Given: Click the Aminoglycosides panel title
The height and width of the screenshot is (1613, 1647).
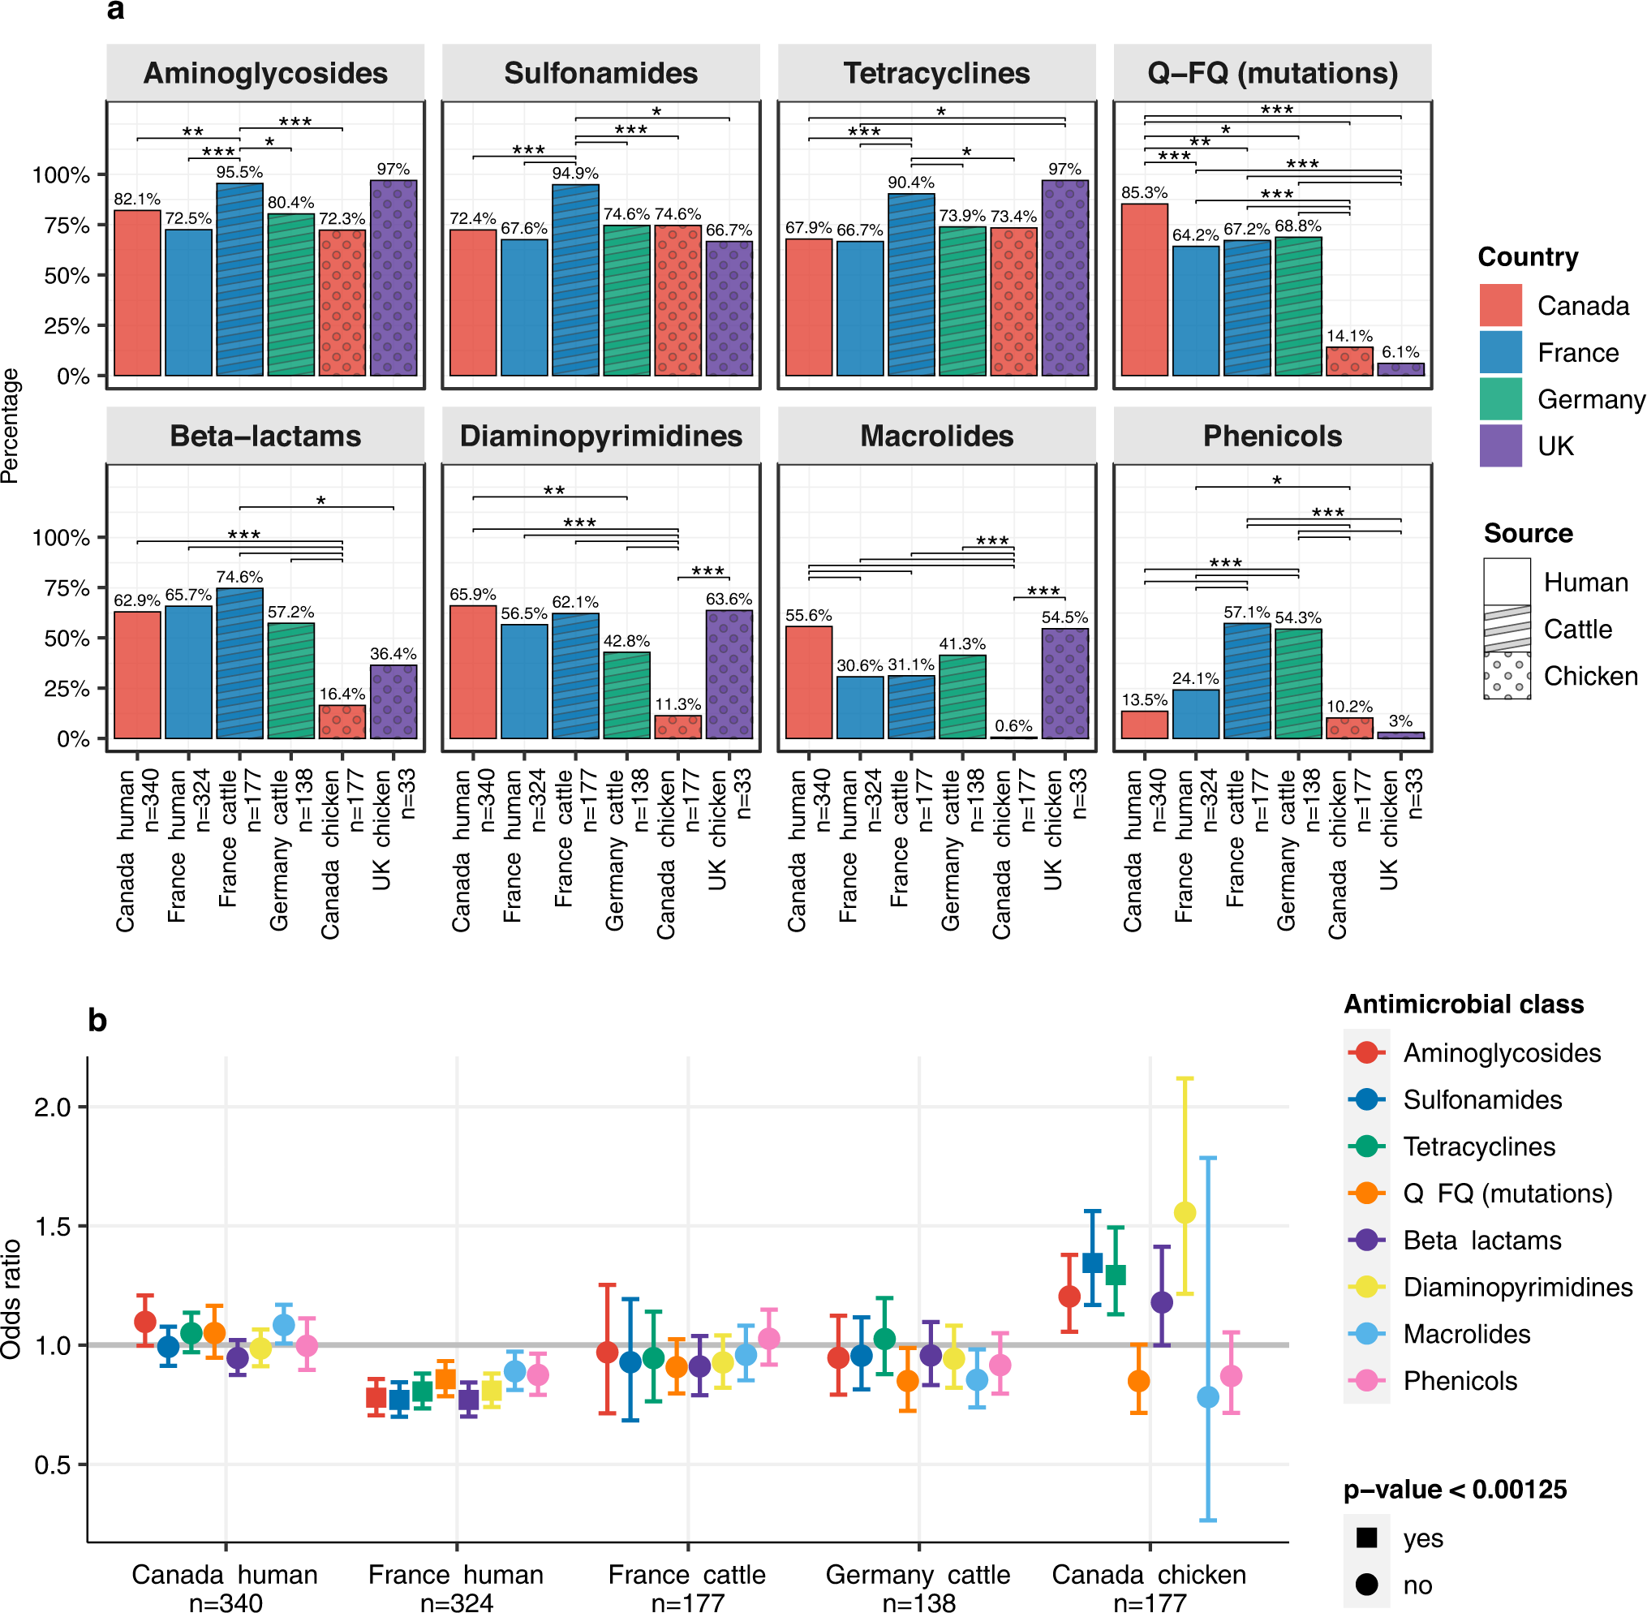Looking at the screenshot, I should (265, 73).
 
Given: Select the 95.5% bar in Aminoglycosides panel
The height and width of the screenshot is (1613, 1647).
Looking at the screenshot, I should (240, 280).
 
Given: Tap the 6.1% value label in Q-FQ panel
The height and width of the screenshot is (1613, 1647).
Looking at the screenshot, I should (1400, 351).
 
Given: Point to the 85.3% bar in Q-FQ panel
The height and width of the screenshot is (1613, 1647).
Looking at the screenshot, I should (1145, 290).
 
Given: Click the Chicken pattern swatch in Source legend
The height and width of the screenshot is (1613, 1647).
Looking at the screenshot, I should (1507, 675).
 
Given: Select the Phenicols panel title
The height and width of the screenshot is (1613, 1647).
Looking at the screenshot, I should (1271, 436).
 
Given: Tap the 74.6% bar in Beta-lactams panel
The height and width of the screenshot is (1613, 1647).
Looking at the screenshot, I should (240, 664).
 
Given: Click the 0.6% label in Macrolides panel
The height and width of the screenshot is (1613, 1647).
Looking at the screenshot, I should (1013, 726).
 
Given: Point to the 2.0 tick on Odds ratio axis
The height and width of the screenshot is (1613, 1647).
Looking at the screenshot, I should (52, 1108).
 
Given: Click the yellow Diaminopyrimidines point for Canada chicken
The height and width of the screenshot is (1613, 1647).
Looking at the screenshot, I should (1185, 1213).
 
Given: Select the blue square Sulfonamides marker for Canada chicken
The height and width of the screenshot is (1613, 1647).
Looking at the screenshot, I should (1092, 1263).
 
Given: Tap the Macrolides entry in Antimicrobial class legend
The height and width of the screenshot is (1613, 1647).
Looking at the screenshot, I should (1466, 1334).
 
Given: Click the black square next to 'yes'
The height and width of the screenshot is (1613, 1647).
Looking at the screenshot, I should (1366, 1538).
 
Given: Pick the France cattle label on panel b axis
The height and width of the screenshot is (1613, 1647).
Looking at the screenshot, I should (686, 1575).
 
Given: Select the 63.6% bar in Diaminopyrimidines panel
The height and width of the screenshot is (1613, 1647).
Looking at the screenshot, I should (729, 674).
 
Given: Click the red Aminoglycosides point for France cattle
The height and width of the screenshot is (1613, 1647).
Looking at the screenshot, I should (607, 1352).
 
